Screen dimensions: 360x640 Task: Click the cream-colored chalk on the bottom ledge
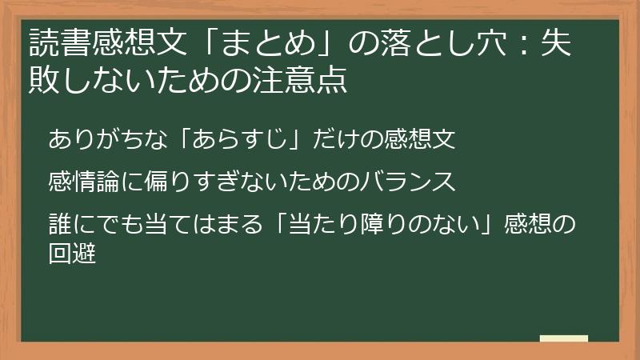tap(563, 338)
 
